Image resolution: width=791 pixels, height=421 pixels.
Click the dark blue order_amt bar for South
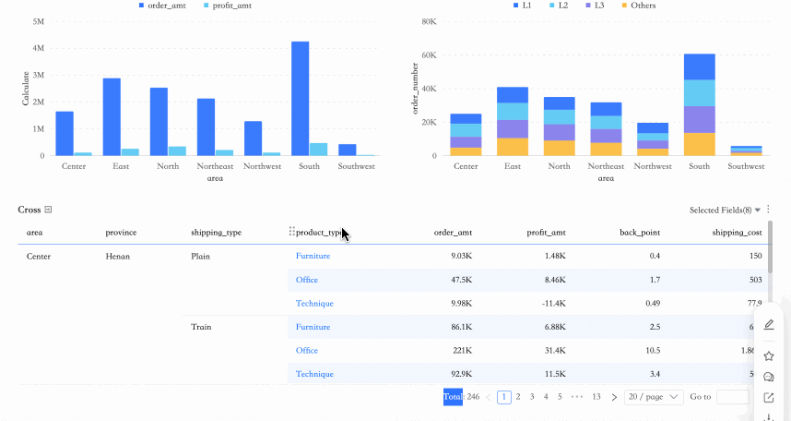click(x=300, y=99)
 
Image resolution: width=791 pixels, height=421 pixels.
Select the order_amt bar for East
click(x=112, y=117)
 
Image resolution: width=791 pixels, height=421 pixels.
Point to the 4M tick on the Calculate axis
click(x=38, y=48)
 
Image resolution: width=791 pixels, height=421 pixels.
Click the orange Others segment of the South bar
click(x=700, y=144)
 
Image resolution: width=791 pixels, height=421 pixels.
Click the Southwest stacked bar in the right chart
click(x=746, y=150)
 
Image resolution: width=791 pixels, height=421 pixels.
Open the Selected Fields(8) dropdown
click(x=725, y=210)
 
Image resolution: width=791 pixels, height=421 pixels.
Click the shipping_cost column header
click(x=737, y=233)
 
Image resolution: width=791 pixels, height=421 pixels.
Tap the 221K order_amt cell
click(x=462, y=351)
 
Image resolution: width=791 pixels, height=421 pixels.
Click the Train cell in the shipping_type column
click(x=201, y=327)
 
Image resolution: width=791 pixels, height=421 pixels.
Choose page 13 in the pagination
click(x=596, y=397)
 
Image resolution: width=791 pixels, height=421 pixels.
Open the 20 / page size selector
click(x=653, y=397)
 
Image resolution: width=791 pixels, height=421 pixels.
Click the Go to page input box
click(x=732, y=397)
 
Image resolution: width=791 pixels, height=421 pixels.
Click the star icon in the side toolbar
click(x=769, y=356)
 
